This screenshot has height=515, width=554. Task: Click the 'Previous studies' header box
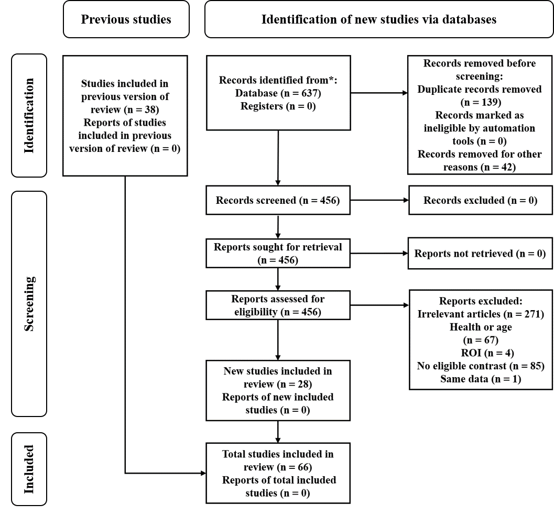[x=126, y=19]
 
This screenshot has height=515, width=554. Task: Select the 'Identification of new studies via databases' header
[x=379, y=19]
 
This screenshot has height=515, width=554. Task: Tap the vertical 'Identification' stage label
[x=29, y=115]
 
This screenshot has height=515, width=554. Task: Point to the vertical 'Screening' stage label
[x=29, y=304]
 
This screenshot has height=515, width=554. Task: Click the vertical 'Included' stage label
[x=29, y=469]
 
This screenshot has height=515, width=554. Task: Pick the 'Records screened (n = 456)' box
[x=278, y=200]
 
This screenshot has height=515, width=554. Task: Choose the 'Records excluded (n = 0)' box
[x=481, y=200]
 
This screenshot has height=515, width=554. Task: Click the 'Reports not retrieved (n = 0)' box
[x=480, y=253]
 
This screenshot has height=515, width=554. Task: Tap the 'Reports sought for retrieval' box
[x=278, y=253]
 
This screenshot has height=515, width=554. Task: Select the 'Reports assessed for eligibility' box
[x=278, y=305]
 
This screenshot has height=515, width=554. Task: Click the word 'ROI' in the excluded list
[x=471, y=353]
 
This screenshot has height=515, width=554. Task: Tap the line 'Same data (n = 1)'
[x=481, y=379]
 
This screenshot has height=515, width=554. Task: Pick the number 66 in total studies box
[x=303, y=467]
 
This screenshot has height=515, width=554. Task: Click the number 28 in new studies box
[x=303, y=384]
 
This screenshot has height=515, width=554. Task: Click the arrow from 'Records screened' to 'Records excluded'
[x=379, y=200]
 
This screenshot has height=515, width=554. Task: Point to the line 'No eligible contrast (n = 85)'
[x=481, y=366]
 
